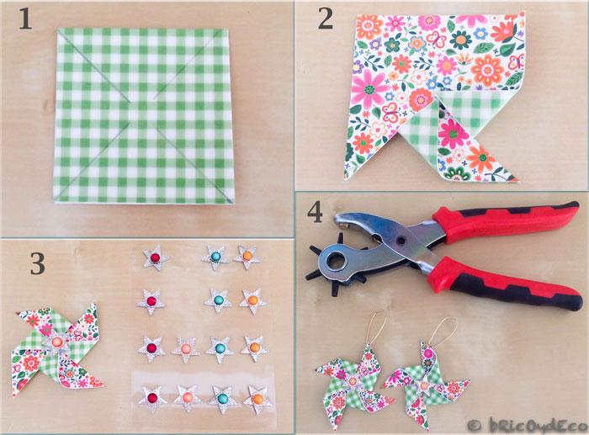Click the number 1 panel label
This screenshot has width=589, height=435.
25,19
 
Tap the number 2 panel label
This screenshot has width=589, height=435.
326,19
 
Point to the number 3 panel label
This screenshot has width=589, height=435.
38,263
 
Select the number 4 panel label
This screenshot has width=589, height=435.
315,213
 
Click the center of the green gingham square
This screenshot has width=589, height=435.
144,116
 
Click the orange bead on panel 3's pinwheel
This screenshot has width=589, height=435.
57,342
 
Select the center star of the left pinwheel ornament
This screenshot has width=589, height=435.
353,382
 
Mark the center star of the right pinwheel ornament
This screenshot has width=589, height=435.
424,385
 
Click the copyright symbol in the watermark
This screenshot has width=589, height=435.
475,425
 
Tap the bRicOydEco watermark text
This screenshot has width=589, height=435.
538,424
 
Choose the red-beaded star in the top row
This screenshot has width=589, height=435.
155,257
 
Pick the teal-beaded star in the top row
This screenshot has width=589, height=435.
215,257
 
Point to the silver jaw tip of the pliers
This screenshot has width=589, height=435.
341,221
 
